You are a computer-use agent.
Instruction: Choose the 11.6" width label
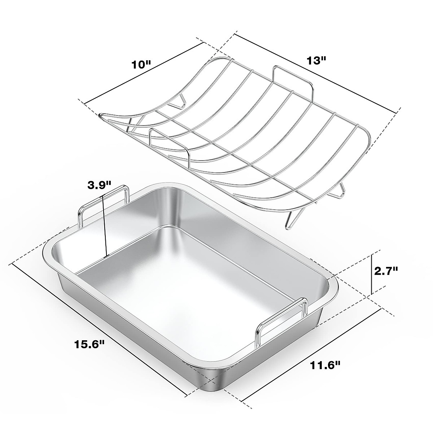[x=325, y=365]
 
